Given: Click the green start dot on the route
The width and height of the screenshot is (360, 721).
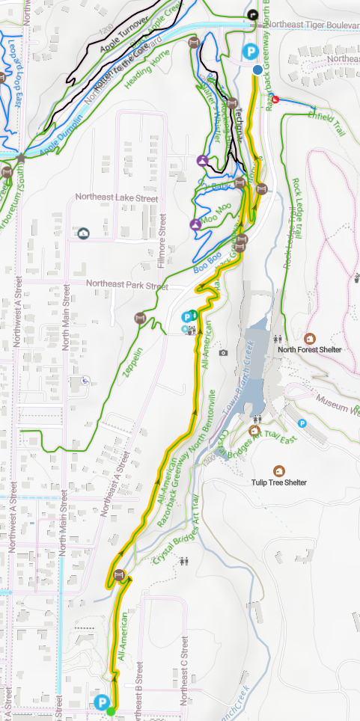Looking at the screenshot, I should coord(111,711).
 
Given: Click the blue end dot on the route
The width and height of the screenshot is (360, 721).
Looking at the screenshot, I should coord(257,70).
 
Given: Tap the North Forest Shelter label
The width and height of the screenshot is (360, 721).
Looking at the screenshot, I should coord(309,349).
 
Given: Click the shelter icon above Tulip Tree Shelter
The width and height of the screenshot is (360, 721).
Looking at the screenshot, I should coord(279,470).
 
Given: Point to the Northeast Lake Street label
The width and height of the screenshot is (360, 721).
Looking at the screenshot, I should coord(117,199).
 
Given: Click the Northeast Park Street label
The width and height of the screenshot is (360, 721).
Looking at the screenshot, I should coord(126,285).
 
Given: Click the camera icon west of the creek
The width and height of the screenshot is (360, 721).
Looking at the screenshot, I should coord(222,352).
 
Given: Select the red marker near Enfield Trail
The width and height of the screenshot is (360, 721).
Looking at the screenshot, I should coord(275,99).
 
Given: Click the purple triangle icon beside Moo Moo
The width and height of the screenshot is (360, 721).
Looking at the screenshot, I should coord(195,224).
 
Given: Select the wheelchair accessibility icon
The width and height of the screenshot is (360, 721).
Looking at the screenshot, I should coord(85,380).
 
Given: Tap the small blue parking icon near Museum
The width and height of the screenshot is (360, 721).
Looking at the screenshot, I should coord(302,423).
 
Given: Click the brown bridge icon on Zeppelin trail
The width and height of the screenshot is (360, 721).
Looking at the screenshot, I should coord(139,319).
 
